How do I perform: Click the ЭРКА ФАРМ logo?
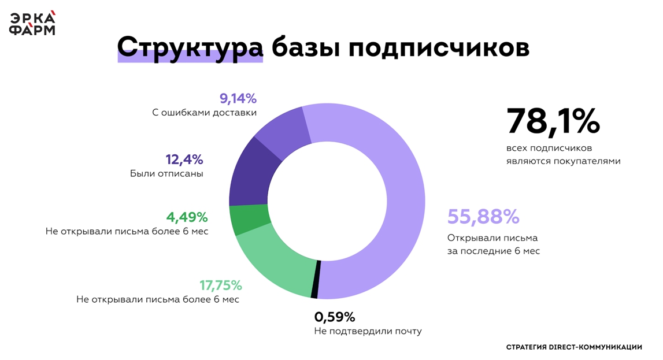click(x=32, y=23)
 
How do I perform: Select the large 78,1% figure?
click(x=553, y=121)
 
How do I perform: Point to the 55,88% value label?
click(x=483, y=217)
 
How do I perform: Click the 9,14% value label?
click(x=238, y=98)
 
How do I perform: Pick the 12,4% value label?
click(x=184, y=159)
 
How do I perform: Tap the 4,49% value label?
click(x=187, y=217)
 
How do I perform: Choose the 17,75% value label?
click(x=221, y=285)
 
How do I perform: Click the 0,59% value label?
click(x=335, y=317)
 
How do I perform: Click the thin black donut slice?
click(x=316, y=279)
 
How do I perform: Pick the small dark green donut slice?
click(x=249, y=220)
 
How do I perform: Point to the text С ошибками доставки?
click(x=204, y=113)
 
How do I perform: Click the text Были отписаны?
click(x=166, y=173)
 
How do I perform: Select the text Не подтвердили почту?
click(x=368, y=331)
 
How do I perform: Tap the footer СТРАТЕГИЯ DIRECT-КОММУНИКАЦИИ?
click(x=574, y=347)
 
